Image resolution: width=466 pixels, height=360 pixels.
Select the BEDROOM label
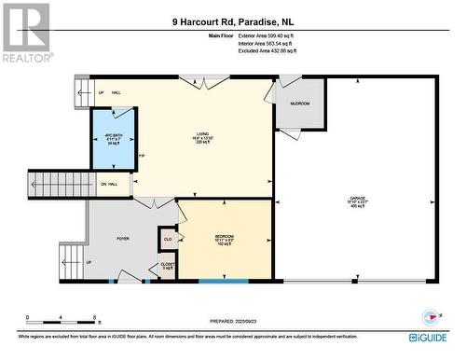pyautogui.click(x=224, y=239)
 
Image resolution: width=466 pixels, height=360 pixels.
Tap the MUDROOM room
pyautogui.click(x=300, y=104)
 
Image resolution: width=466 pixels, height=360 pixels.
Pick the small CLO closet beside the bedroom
pyautogui.click(x=168, y=239)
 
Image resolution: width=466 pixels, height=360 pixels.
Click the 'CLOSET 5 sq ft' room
pyautogui.click(x=167, y=266)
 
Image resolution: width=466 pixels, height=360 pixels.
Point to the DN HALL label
pyautogui.click(x=109, y=185)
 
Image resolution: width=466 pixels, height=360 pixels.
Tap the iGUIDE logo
pyautogui.click(x=426, y=337)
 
